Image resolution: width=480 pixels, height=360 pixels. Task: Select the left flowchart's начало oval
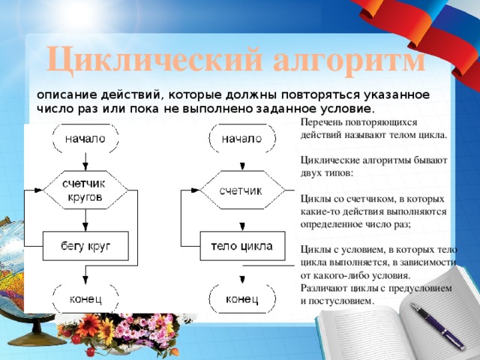(x=85, y=139)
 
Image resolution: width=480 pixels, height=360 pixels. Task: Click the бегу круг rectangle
(x=85, y=245)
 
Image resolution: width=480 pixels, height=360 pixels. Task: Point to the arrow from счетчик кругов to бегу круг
(x=85, y=220)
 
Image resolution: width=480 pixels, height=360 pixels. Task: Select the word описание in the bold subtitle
(x=63, y=94)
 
